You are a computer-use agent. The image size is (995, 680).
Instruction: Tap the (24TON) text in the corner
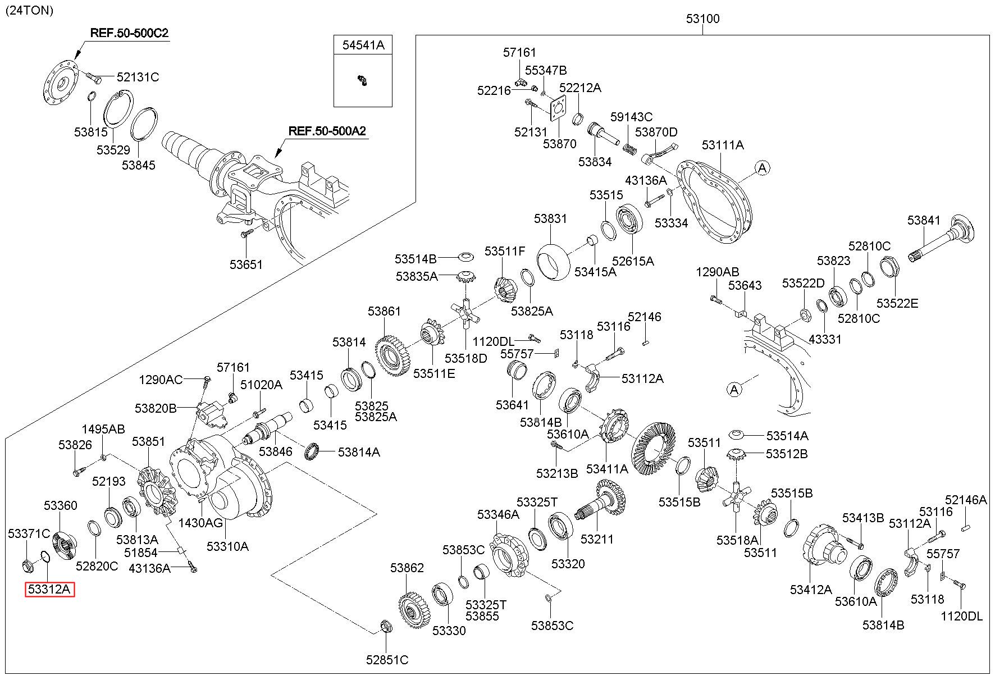click(x=29, y=10)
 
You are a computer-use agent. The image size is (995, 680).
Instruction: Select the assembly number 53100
click(x=702, y=19)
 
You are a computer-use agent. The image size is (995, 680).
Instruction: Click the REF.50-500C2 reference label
click(x=129, y=33)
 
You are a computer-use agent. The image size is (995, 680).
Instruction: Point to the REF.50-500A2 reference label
click(x=327, y=131)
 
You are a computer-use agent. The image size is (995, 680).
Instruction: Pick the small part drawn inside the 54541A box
click(x=363, y=80)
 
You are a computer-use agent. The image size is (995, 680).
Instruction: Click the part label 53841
click(x=924, y=221)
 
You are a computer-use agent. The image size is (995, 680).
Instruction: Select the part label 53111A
click(x=723, y=145)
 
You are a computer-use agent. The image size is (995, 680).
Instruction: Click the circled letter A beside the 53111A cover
click(x=762, y=167)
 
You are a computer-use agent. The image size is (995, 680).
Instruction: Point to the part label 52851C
click(x=387, y=660)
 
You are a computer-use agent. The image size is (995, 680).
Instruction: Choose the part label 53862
click(x=407, y=568)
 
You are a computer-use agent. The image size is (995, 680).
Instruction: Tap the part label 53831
click(x=550, y=218)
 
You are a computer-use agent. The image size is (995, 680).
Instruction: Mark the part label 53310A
click(x=227, y=546)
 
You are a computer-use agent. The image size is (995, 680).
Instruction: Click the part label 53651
click(x=246, y=264)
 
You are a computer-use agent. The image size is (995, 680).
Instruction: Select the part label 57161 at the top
click(x=519, y=52)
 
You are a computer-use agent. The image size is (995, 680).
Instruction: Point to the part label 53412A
click(x=811, y=590)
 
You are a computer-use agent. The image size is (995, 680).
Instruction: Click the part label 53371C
click(x=29, y=533)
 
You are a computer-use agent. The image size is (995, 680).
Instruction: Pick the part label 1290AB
click(x=717, y=272)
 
